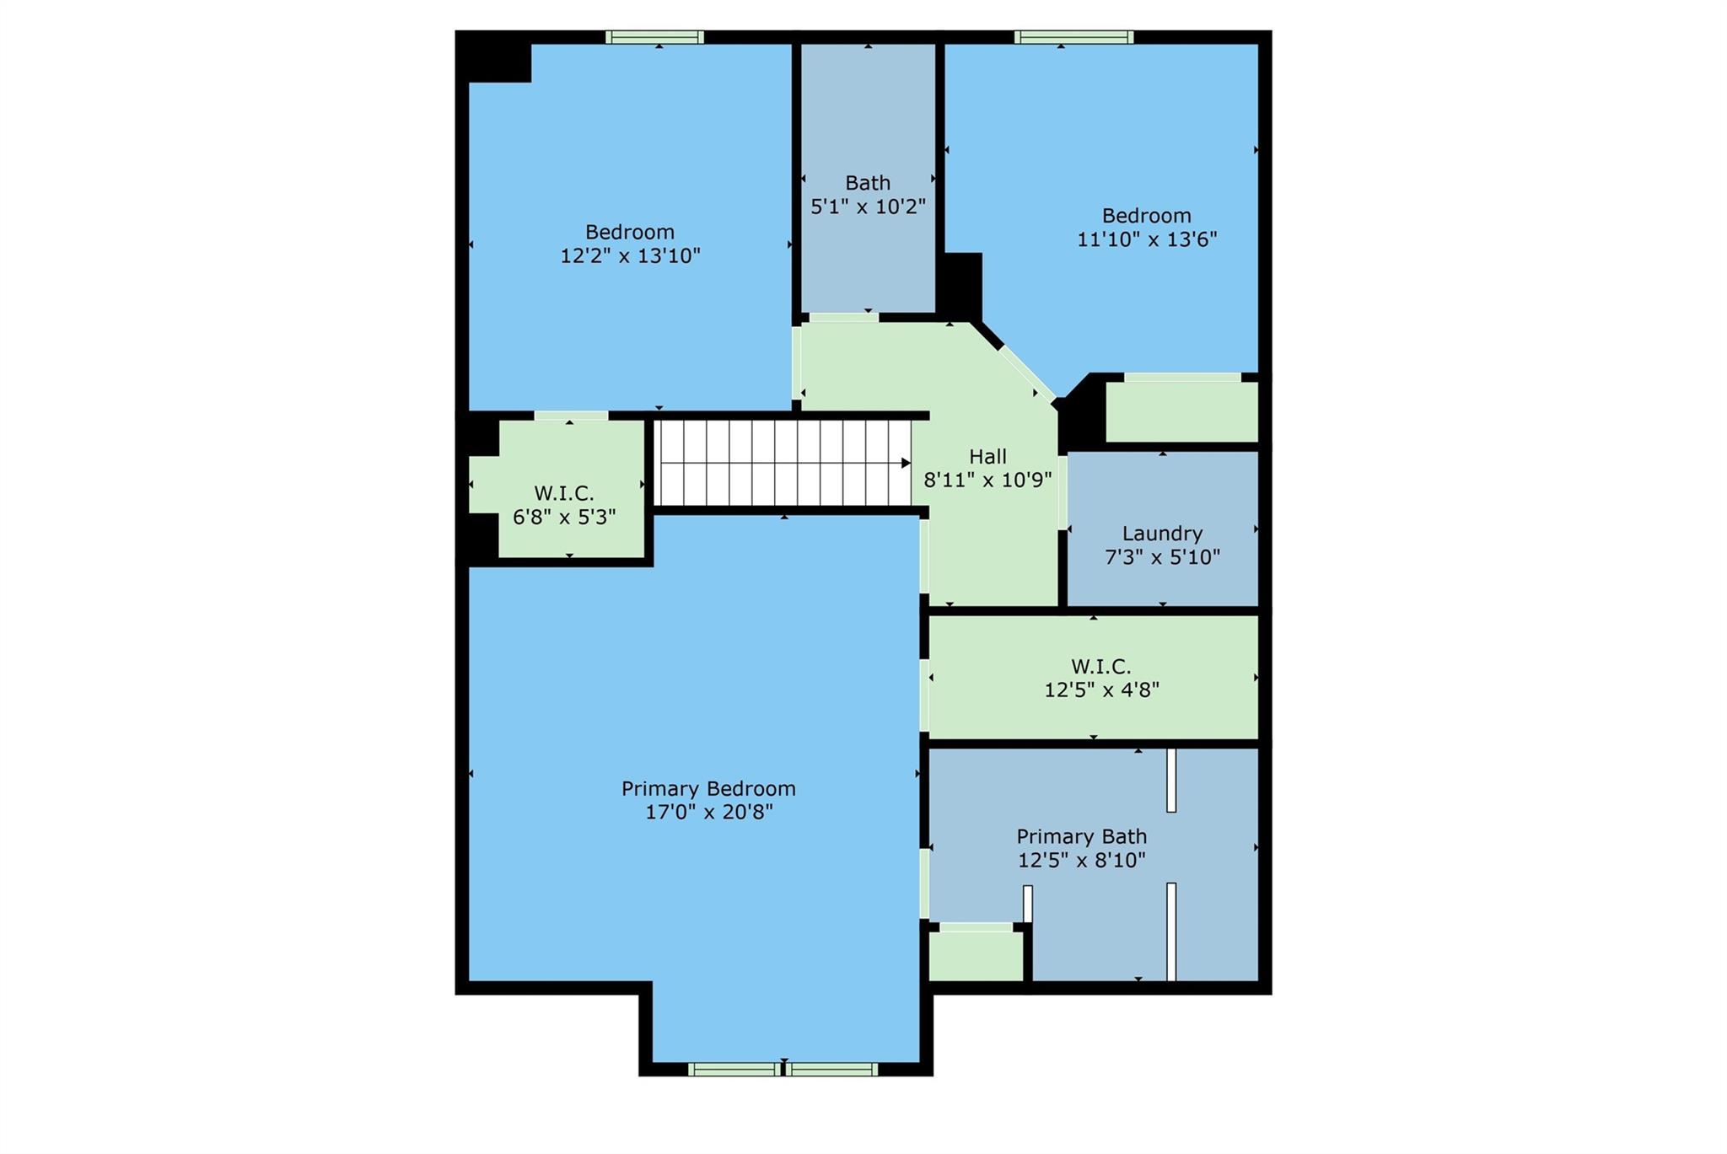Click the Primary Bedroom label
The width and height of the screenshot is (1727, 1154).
pyautogui.click(x=708, y=789)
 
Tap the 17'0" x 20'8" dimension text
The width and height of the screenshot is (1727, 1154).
pyautogui.click(x=708, y=813)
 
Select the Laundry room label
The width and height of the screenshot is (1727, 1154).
pyautogui.click(x=1162, y=534)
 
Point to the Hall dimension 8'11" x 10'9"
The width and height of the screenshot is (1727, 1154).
pyautogui.click(x=987, y=480)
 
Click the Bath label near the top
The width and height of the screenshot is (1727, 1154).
pyautogui.click(x=868, y=183)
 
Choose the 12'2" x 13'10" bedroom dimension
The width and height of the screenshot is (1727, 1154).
pyautogui.click(x=630, y=255)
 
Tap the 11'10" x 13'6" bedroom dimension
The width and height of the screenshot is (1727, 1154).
pyautogui.click(x=1147, y=239)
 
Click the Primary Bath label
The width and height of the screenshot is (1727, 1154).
pyautogui.click(x=1081, y=837)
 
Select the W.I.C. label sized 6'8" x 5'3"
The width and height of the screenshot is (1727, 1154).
pyautogui.click(x=563, y=493)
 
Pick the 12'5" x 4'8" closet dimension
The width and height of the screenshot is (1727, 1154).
pyautogui.click(x=1101, y=690)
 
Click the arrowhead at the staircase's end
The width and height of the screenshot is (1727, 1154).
pyautogui.click(x=906, y=463)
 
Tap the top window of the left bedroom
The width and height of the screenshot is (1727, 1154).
pyautogui.click(x=655, y=37)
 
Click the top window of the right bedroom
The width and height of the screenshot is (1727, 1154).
pyautogui.click(x=1073, y=37)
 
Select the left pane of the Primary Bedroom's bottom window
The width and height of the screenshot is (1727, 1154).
pyautogui.click(x=734, y=1069)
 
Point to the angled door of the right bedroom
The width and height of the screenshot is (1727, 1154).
pyautogui.click(x=1027, y=374)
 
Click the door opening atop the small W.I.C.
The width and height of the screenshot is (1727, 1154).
pyautogui.click(x=571, y=416)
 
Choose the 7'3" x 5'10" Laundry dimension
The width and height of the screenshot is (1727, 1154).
pyautogui.click(x=1162, y=557)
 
